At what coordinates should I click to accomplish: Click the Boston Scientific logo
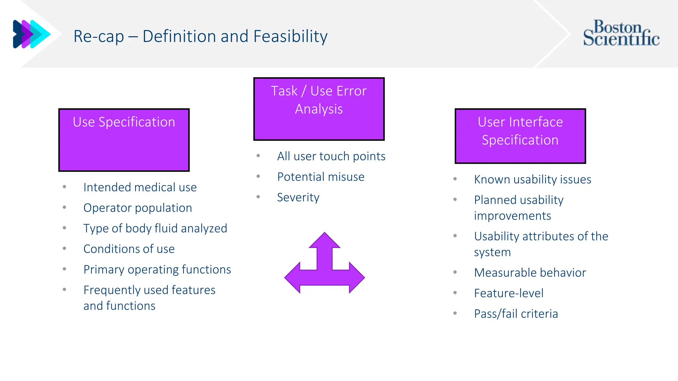[x=621, y=33]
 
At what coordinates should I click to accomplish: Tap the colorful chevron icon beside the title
[x=31, y=34]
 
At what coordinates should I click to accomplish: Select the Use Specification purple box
[x=124, y=140]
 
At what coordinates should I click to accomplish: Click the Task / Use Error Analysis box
[x=319, y=109]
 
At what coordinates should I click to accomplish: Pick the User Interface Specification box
[x=520, y=136]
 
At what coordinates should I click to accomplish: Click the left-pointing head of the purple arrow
[x=293, y=278]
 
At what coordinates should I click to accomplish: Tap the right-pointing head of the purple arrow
[x=356, y=278]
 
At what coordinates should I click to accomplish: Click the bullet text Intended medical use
[x=140, y=188]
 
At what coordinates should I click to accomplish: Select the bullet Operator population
[x=137, y=208]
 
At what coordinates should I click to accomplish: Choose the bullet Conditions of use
[x=129, y=249]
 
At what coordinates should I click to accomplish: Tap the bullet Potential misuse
[x=320, y=177]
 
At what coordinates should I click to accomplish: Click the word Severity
[x=298, y=197]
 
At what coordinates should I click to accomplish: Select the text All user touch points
[x=331, y=156]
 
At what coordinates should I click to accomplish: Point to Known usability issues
[x=532, y=180]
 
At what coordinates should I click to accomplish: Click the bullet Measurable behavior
[x=530, y=273]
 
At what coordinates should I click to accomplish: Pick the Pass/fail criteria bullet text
[x=516, y=314]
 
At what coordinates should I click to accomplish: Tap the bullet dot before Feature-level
[x=455, y=293]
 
